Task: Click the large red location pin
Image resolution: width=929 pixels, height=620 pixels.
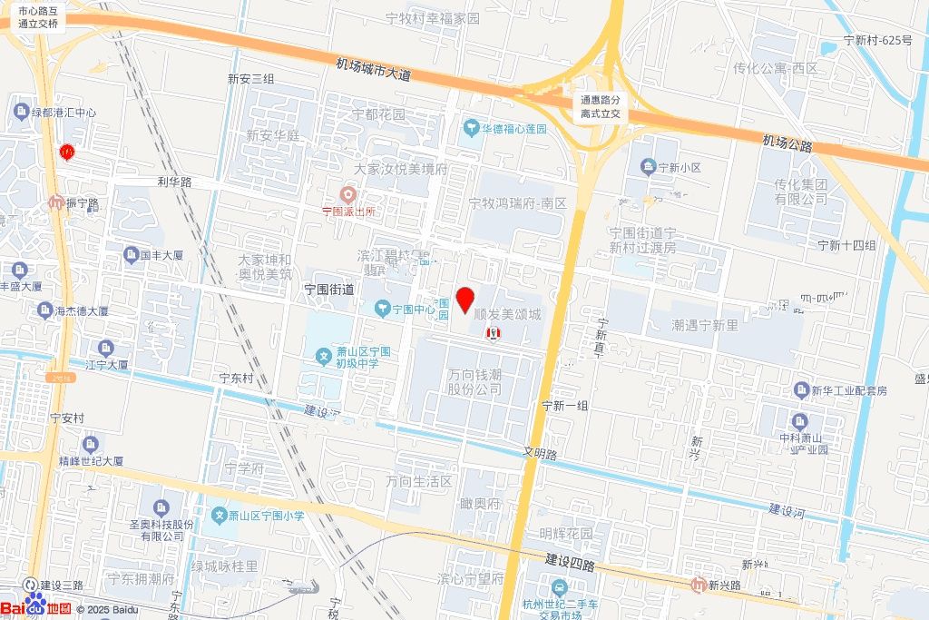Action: (466, 299)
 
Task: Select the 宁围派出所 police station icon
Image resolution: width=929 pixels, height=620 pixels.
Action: (347, 194)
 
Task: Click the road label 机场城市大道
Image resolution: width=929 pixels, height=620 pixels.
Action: (373, 70)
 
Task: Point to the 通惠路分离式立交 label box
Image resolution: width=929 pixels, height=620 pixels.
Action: (601, 107)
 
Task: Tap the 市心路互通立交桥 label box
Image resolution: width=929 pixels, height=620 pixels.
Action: (38, 17)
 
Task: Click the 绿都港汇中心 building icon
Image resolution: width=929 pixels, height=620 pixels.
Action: (21, 112)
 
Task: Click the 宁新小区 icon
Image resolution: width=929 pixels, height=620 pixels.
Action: (648, 167)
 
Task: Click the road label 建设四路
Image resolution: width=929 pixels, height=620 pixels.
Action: (570, 563)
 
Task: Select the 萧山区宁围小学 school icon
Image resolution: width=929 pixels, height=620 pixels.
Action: (219, 516)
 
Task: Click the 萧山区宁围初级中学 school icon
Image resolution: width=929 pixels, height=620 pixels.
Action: (323, 354)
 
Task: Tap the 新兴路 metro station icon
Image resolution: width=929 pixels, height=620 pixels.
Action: (698, 584)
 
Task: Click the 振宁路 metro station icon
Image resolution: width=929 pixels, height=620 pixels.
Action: (56, 202)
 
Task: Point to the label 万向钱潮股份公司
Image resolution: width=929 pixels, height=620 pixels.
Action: (474, 381)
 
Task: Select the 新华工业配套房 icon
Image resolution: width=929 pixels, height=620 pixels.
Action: (801, 389)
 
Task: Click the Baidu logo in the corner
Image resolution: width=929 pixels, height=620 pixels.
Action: (36, 608)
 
